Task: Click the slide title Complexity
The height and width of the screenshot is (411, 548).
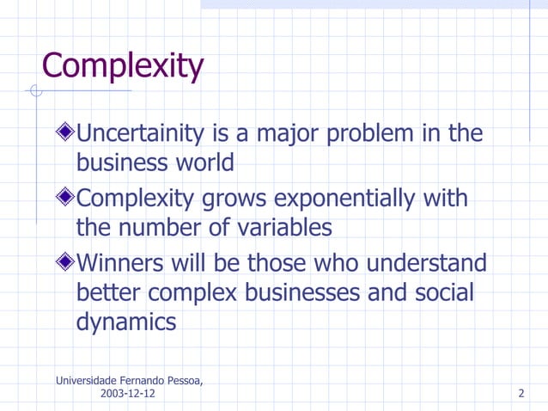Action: (x=122, y=66)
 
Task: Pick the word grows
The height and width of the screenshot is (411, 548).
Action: (x=234, y=199)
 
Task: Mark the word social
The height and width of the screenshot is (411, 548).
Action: (x=443, y=292)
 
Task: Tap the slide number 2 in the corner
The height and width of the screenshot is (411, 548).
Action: (x=521, y=394)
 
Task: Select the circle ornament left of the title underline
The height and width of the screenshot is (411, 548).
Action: (x=35, y=90)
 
